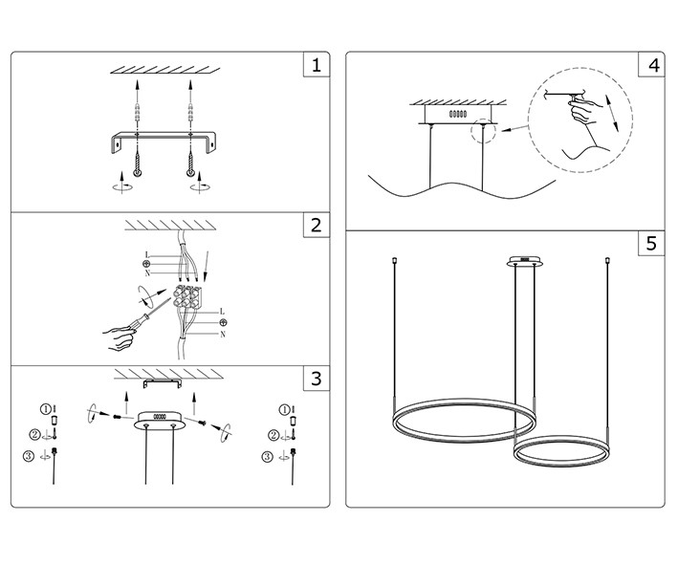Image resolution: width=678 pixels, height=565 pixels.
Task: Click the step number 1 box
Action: click(x=317, y=66)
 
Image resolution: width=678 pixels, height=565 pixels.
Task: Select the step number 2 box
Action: click(x=317, y=227)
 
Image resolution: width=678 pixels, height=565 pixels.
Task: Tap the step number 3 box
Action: click(x=317, y=379)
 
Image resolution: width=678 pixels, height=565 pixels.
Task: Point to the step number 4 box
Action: click(x=652, y=66)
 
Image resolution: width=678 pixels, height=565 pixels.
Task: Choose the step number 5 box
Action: click(x=652, y=244)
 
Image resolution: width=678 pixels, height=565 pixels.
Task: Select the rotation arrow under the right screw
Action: click(x=199, y=188)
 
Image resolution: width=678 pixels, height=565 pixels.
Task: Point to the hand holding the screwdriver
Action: click(x=119, y=336)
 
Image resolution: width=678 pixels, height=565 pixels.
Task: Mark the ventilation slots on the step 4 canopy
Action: click(x=457, y=113)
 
